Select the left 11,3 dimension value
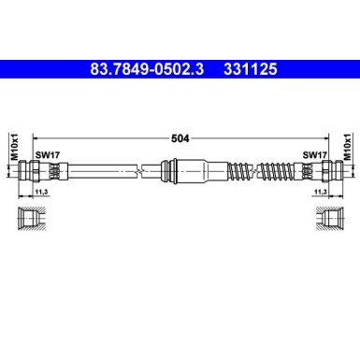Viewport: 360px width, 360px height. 40,192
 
